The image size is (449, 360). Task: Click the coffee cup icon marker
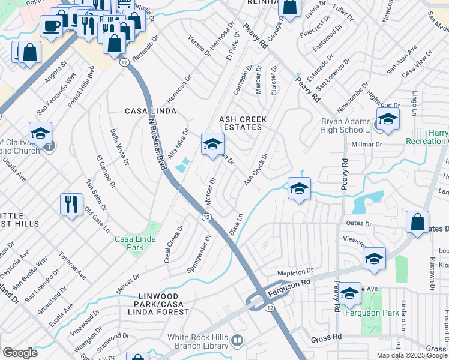tap(52, 26)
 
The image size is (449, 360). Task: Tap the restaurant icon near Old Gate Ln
tap(71, 205)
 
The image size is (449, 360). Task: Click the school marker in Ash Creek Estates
tap(212, 144)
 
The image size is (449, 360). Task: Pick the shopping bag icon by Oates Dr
tap(417, 221)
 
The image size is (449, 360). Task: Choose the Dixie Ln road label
tap(236, 224)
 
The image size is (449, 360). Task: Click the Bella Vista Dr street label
tap(119, 146)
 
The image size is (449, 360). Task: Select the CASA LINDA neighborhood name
tap(150, 111)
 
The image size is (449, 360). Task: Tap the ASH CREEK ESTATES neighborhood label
tap(243, 123)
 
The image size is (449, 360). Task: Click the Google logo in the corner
tap(20, 353)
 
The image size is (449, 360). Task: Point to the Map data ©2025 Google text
tap(411, 355)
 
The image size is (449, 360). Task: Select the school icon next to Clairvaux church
tap(40, 133)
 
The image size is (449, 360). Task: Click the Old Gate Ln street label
tap(97, 221)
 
